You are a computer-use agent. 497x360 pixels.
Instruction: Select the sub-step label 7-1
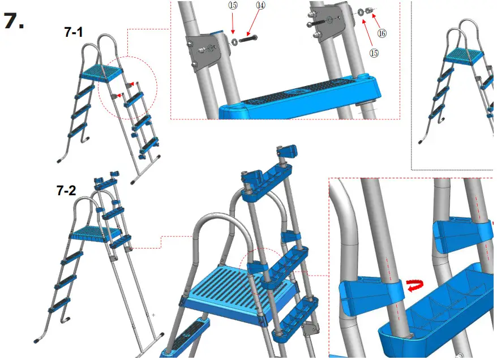[74, 33]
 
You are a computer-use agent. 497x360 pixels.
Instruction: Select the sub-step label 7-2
[66, 191]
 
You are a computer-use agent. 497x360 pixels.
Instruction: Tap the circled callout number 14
[260, 5]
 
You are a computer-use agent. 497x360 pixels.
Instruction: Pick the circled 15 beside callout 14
[233, 5]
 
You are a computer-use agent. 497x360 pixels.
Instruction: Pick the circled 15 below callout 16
[374, 53]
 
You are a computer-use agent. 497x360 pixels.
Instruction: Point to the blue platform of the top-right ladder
[462, 56]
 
